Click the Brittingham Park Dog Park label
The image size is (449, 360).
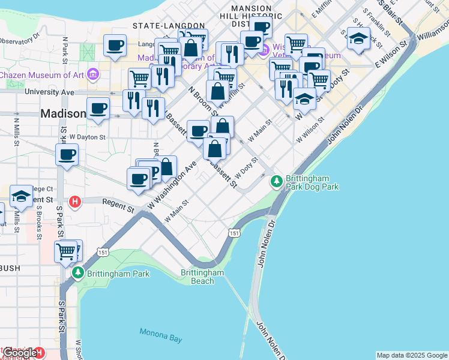[x=312, y=183]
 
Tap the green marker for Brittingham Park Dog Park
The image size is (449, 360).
[x=276, y=180]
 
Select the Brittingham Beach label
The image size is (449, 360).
[x=202, y=277]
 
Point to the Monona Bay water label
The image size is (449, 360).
[x=160, y=335]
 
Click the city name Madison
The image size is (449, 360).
[x=63, y=113]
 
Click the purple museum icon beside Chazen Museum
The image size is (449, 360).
[x=92, y=75]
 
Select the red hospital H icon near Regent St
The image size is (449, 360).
[x=75, y=201]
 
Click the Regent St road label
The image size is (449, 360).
[x=118, y=206]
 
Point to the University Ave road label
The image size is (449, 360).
[x=50, y=92]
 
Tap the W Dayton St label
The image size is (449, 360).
[x=87, y=137]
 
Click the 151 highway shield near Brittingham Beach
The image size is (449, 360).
[x=234, y=233]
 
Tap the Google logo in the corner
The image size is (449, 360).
[x=20, y=353]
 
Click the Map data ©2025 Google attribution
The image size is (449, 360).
[x=412, y=355]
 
